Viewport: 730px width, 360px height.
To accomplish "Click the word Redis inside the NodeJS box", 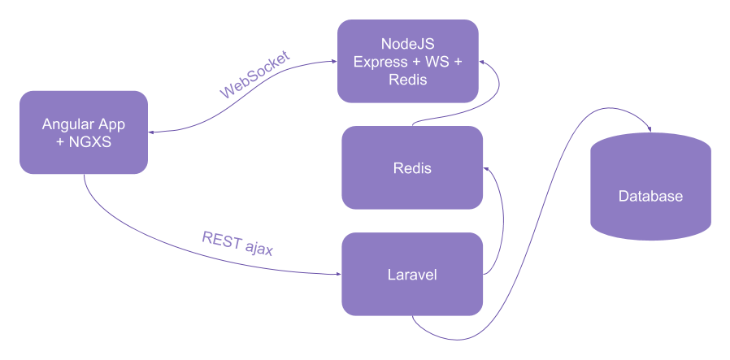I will (407, 80).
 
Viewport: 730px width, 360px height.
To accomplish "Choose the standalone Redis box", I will (411, 169).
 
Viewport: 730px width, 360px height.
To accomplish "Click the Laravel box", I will (411, 275).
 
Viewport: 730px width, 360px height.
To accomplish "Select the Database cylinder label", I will (650, 196).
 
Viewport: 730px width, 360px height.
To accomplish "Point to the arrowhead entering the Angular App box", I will (153, 132).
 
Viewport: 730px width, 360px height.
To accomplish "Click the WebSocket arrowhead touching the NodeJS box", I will (333, 60).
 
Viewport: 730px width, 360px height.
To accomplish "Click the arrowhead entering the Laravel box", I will (337, 274).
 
